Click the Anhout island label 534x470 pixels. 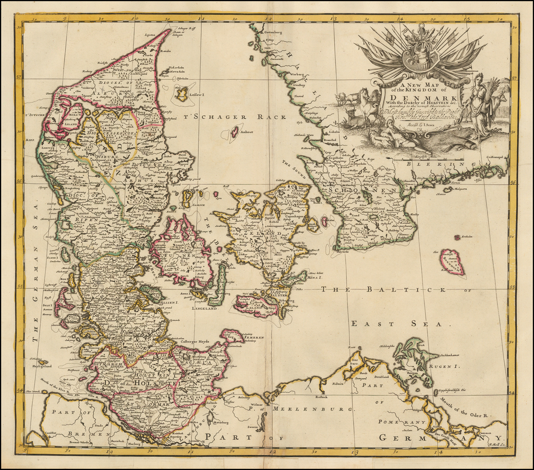click(x=247, y=132)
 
